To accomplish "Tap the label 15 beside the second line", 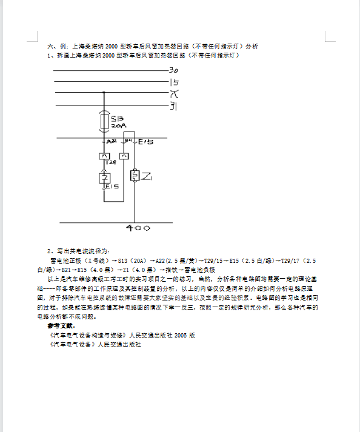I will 174,82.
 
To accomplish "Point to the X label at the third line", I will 174,94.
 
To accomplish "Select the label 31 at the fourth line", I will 173,106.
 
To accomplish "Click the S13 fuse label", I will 118,118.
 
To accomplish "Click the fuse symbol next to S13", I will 104,121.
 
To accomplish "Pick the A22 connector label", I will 112,141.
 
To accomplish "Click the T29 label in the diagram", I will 110,162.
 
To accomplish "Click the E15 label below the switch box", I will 112,187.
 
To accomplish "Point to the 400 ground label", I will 138,228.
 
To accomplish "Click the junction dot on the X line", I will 104,92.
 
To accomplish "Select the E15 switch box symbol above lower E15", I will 104,177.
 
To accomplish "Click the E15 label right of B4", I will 145,142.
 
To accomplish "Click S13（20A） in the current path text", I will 133,261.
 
